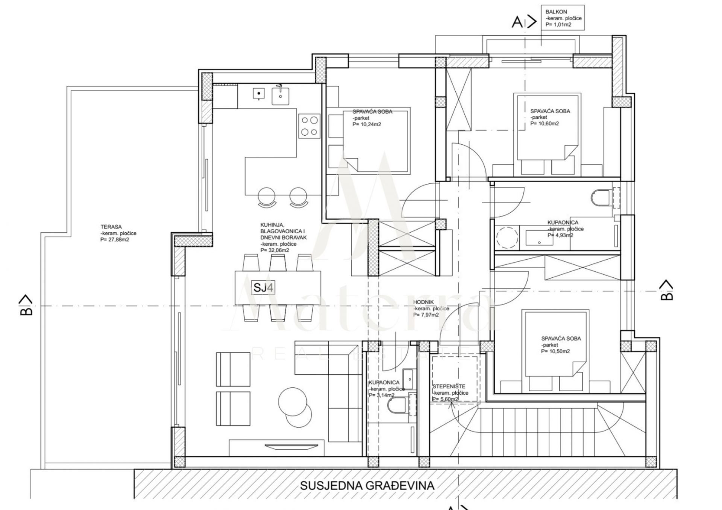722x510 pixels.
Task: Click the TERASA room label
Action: tap(111, 227)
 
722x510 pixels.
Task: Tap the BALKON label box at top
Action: tap(563, 18)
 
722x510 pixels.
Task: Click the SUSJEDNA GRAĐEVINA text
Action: tap(367, 486)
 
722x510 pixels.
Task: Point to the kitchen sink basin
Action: tap(281, 94)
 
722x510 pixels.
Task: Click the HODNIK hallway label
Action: tap(424, 302)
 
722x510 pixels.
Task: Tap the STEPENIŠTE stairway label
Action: tap(449, 386)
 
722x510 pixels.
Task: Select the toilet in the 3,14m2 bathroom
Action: tap(397, 404)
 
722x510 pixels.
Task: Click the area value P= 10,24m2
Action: tap(367, 124)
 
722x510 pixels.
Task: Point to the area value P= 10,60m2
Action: tap(545, 124)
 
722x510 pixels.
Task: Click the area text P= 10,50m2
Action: tap(555, 351)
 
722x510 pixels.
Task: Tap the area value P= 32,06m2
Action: tap(275, 250)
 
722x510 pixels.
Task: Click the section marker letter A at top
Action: tap(517, 23)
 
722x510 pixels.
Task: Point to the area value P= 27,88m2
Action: tap(115, 239)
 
